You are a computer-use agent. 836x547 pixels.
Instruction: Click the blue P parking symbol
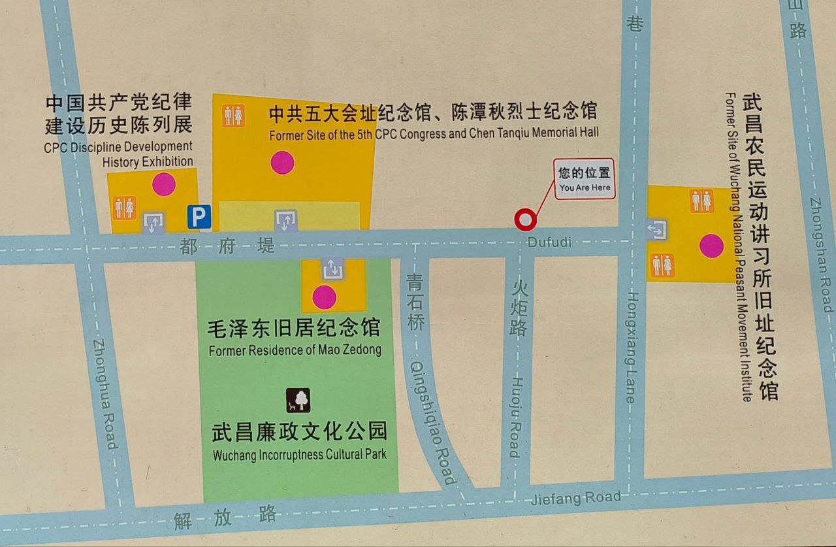[199, 217]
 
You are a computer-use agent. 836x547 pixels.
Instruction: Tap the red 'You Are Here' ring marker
[525, 220]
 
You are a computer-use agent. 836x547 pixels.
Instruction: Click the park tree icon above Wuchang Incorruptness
[298, 399]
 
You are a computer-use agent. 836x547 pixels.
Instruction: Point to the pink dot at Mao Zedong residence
[324, 297]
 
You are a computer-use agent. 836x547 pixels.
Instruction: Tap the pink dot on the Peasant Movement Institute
[711, 246]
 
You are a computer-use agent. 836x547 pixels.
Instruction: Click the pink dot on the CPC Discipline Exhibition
[164, 184]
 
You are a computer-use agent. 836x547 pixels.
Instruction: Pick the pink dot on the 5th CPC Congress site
[282, 162]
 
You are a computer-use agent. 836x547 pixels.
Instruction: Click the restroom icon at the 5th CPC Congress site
[233, 116]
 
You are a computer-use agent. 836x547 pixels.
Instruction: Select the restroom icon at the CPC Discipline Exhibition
[124, 208]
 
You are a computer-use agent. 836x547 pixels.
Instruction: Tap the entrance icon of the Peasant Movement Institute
[655, 229]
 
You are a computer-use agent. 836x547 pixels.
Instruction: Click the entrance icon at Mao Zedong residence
[332, 268]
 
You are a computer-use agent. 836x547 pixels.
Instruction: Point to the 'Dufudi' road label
[550, 242]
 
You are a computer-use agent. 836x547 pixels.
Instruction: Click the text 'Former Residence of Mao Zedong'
[295, 350]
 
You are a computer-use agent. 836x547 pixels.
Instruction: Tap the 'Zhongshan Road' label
[822, 255]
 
